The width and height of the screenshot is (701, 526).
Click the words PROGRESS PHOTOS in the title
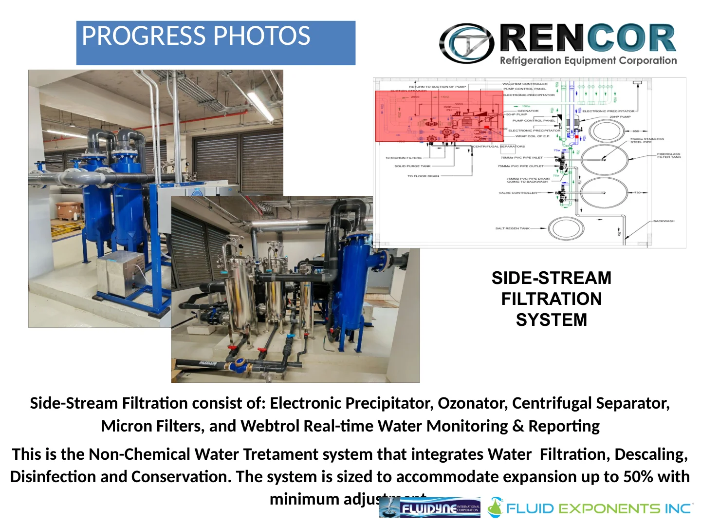(x=196, y=37)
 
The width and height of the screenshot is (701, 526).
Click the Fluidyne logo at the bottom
(x=430, y=508)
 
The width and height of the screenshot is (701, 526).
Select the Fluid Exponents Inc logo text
(x=598, y=509)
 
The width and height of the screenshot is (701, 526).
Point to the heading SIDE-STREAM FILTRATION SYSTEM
(x=551, y=299)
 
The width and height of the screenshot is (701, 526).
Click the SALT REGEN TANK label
(x=512, y=228)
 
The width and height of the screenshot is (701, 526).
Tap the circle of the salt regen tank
(x=566, y=228)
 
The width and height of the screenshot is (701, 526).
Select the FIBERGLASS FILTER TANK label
(x=668, y=155)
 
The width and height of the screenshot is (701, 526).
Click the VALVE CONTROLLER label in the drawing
(x=517, y=193)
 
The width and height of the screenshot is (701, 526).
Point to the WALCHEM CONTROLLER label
(x=525, y=84)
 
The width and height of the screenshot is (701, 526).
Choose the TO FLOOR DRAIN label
(x=423, y=176)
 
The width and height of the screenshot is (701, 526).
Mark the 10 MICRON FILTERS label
(x=403, y=158)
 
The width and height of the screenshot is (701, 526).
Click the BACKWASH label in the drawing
(x=664, y=221)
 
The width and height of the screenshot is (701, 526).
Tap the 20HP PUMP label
(x=620, y=117)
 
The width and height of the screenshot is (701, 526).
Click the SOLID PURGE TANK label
(x=412, y=166)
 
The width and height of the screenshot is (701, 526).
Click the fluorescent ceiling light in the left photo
(x=260, y=105)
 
